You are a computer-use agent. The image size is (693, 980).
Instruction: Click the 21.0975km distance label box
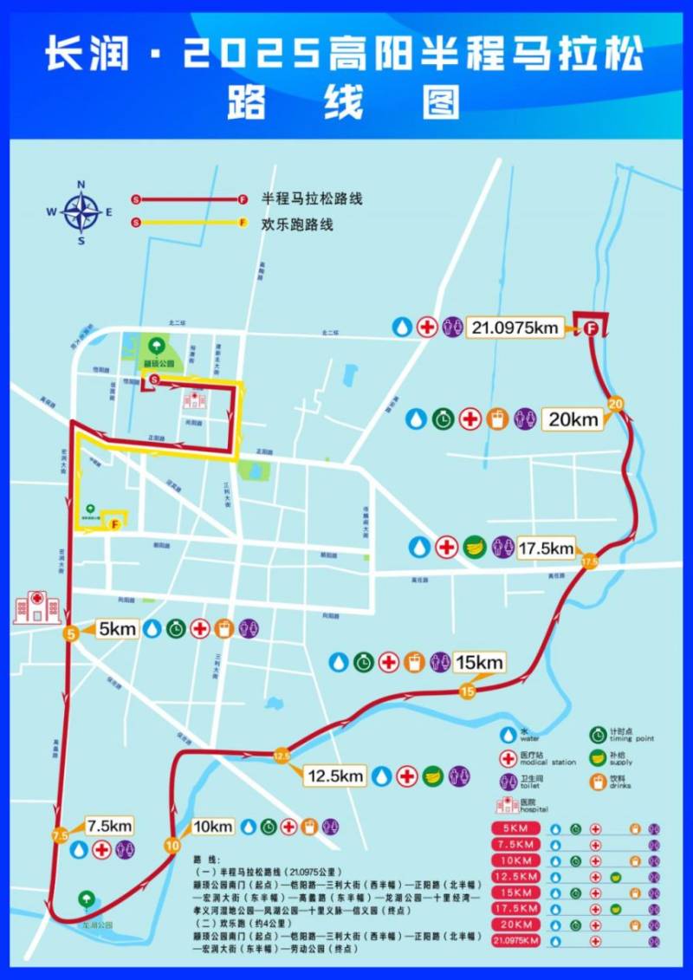click(514, 328)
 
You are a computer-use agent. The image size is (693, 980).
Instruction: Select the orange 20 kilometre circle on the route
click(616, 403)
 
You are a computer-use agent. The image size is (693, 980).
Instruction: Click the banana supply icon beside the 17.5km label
click(474, 548)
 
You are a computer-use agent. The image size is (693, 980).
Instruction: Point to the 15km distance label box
click(477, 663)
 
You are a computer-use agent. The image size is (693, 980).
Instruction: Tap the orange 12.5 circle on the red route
click(282, 756)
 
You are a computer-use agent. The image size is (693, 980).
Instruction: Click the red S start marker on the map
click(154, 380)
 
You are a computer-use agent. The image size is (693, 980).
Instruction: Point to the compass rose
click(81, 212)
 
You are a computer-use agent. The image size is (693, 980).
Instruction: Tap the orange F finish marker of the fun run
click(114, 523)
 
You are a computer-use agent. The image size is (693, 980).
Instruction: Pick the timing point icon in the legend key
click(598, 735)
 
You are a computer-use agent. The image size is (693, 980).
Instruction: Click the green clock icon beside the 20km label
click(444, 419)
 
